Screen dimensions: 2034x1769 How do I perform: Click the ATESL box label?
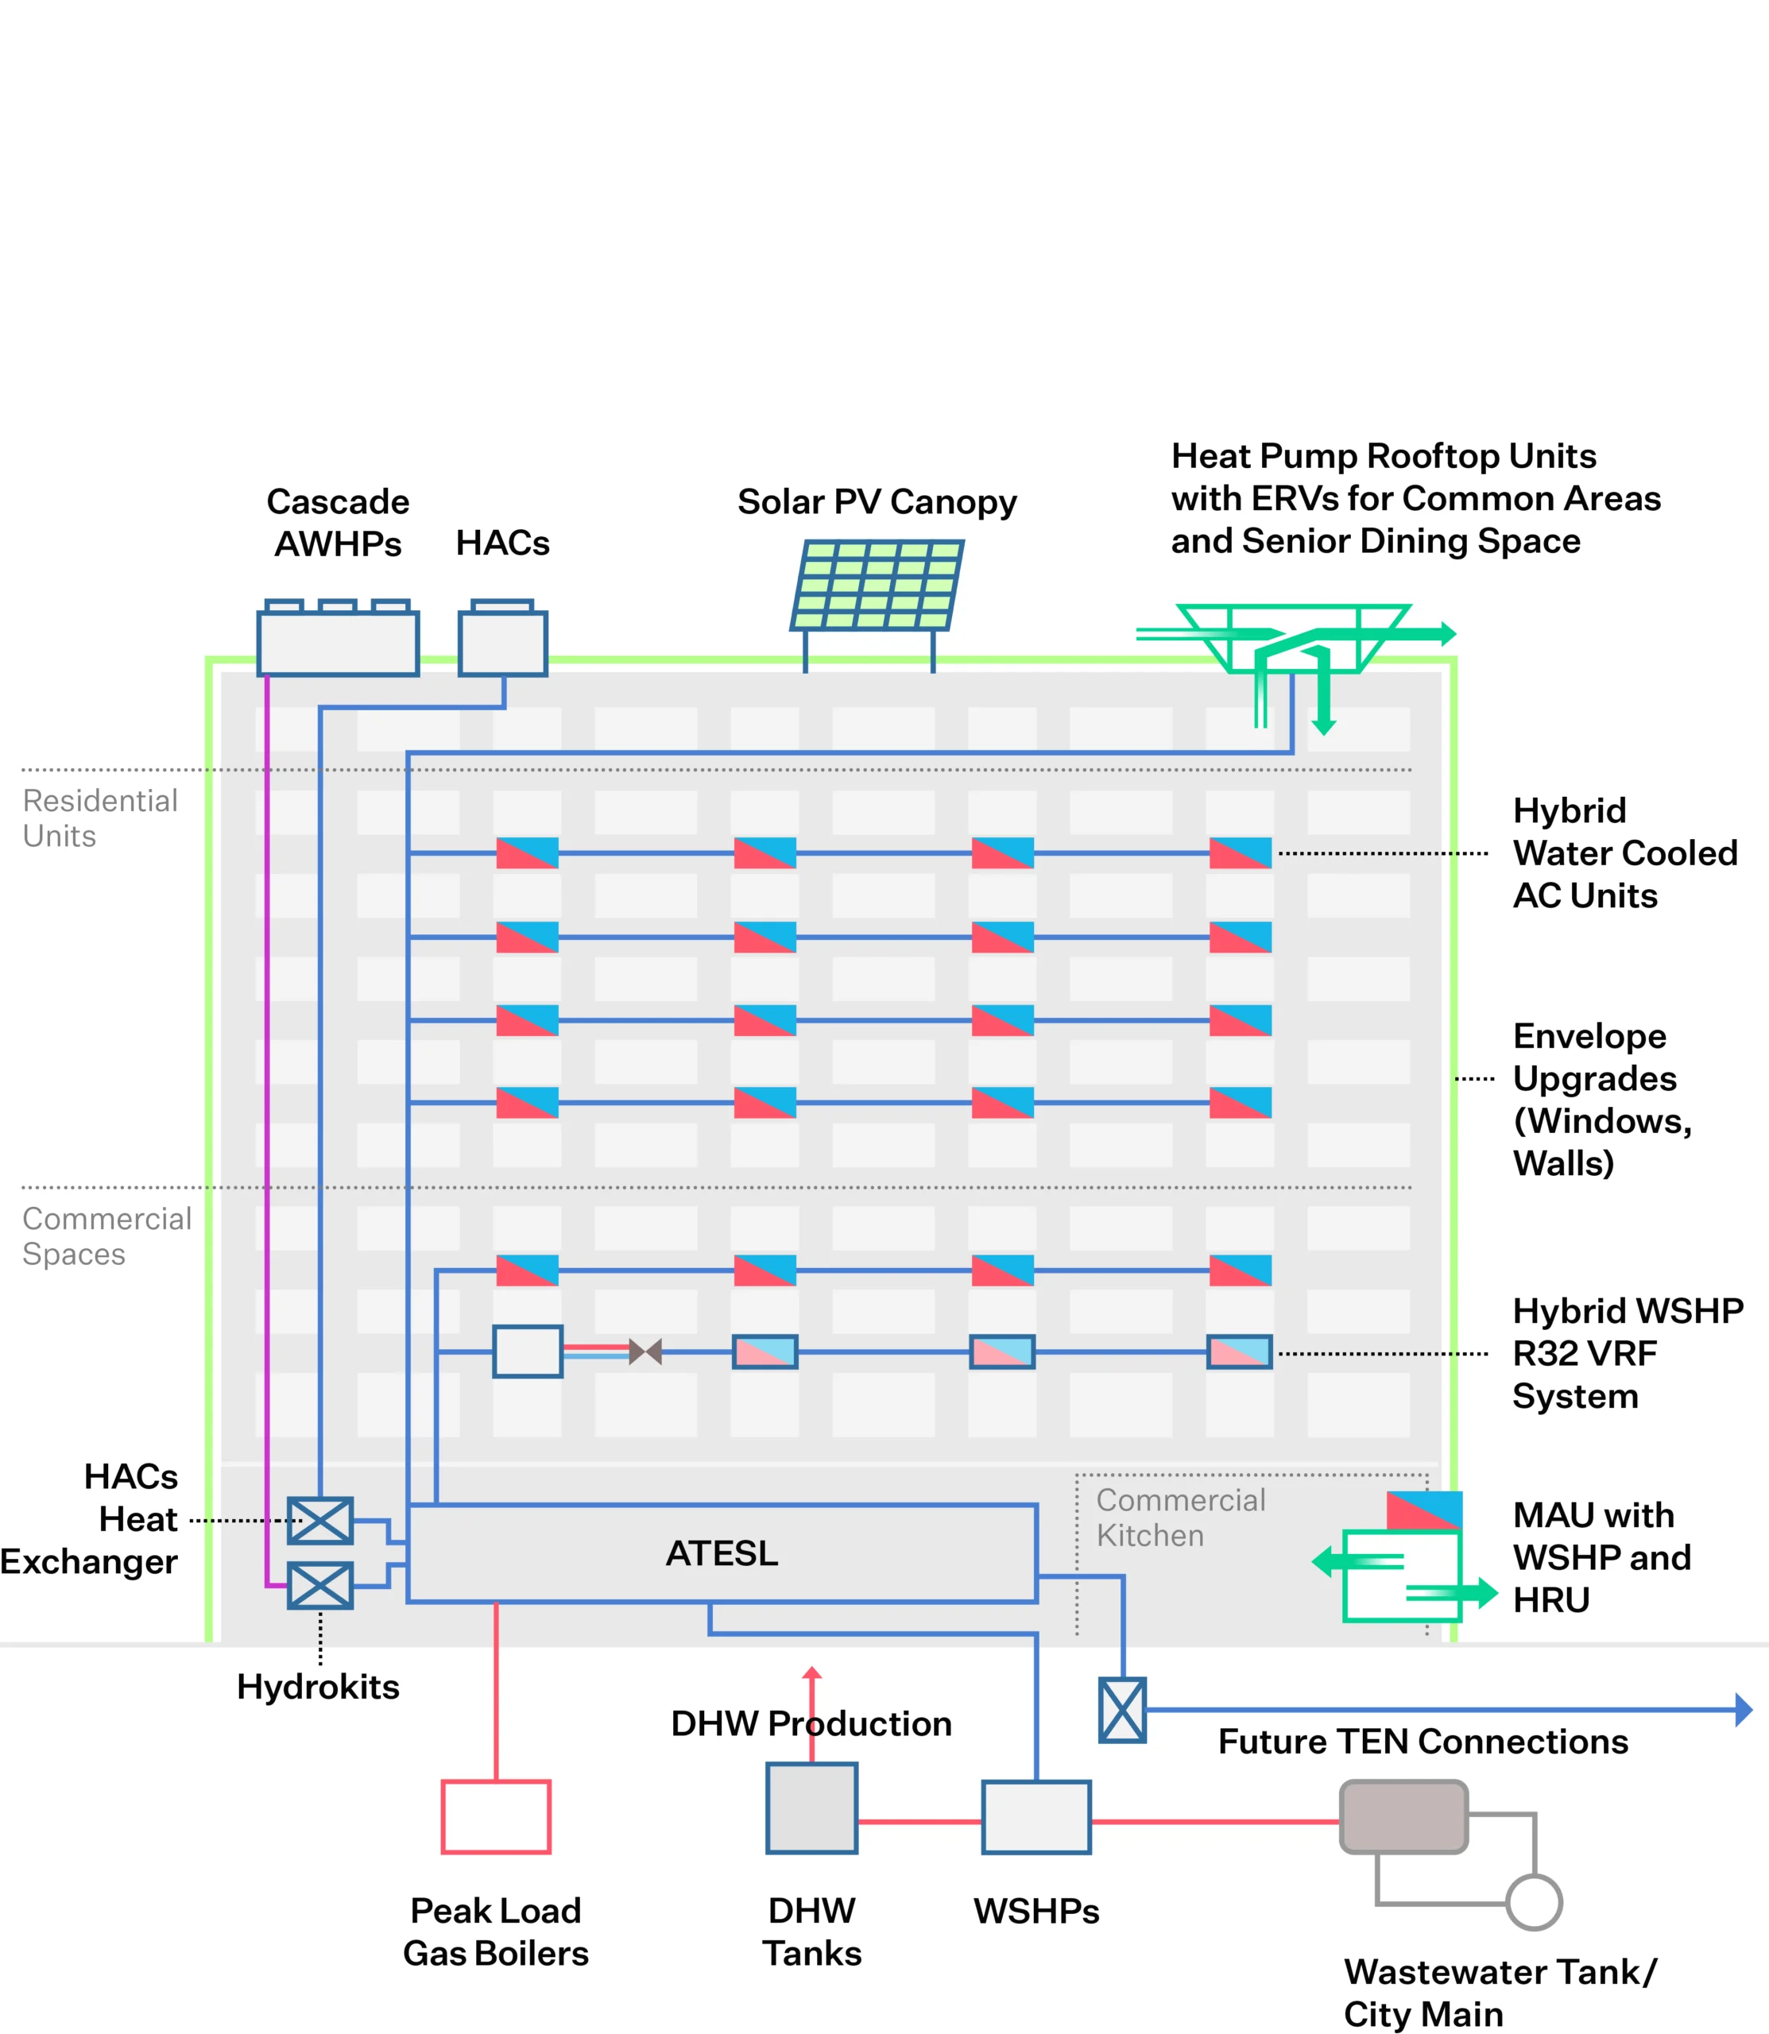click(722, 1553)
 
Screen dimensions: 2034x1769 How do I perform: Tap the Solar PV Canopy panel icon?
click(877, 586)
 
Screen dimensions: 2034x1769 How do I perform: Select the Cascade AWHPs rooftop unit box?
click(338, 643)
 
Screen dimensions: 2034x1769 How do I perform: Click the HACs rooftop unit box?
click(502, 643)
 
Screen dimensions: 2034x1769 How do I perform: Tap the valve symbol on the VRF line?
click(645, 1351)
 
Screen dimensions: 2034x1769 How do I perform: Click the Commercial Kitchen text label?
click(1179, 1518)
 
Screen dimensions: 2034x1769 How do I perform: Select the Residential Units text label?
click(99, 818)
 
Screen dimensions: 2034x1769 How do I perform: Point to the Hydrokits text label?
click(318, 1687)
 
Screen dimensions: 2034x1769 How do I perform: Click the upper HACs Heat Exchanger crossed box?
click(319, 1521)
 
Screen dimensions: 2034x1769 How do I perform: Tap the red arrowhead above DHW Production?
click(811, 1672)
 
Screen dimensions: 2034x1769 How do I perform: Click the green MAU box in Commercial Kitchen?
click(1402, 1576)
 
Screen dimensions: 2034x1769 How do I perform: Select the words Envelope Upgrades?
click(1594, 1057)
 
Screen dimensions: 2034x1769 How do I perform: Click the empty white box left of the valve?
click(528, 1351)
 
